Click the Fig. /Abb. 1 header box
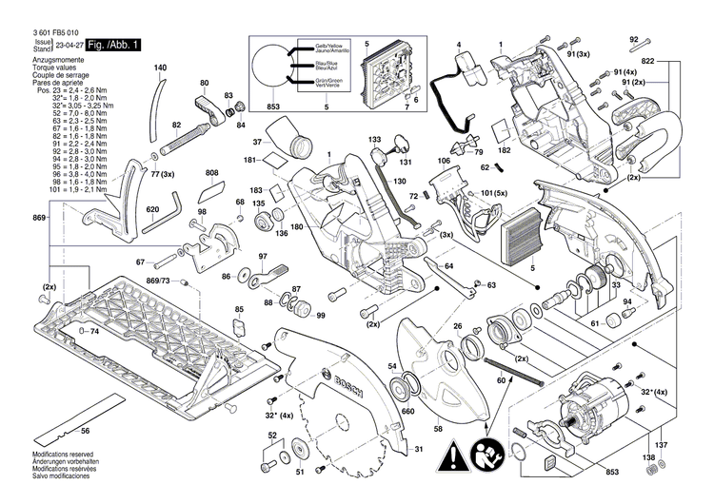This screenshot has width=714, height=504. coord(111,44)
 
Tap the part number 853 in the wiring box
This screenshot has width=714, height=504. coord(274,106)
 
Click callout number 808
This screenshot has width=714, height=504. coord(211,173)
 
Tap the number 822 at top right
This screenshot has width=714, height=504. coord(674,60)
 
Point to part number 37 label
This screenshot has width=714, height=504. coord(256,142)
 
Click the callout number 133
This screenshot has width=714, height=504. coord(374,140)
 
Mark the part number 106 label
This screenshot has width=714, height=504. coord(444,162)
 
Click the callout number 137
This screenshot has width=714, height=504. coord(663,445)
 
